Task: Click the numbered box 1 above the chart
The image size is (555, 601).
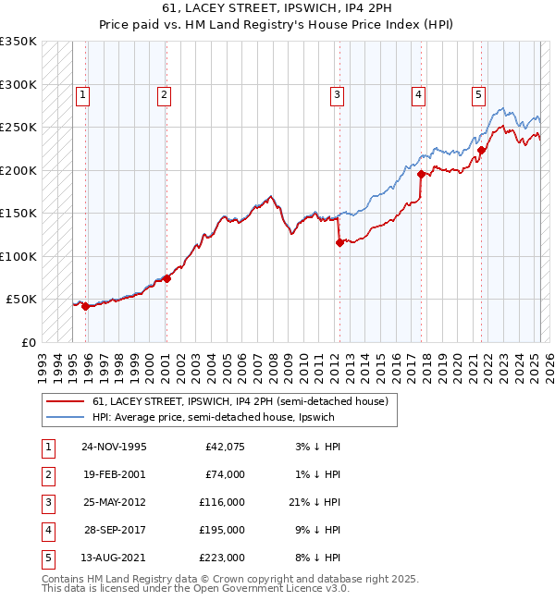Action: (83, 93)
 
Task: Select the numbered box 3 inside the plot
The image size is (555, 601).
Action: (337, 93)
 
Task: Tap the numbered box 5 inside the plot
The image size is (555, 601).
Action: (478, 93)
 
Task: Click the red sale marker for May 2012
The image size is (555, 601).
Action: (339, 242)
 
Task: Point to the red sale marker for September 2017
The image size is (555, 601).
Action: (421, 174)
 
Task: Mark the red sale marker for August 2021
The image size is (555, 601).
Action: (481, 151)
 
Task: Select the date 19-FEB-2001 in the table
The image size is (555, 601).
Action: (114, 473)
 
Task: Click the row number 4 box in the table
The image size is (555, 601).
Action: (47, 530)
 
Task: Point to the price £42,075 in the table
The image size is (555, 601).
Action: (222, 446)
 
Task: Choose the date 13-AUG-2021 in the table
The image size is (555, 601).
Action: (115, 558)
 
